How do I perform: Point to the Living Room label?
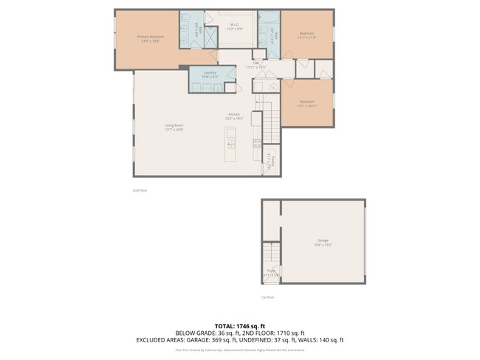[x=174, y=128]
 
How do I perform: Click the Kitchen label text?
[x=234, y=117]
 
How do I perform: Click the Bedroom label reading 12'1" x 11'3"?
[x=307, y=35]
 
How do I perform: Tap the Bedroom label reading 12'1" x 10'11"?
[x=306, y=103]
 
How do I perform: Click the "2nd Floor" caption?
[x=140, y=190]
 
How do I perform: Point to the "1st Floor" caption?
[x=267, y=297]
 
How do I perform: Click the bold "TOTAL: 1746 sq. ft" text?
[x=239, y=325]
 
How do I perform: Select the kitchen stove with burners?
[x=258, y=143]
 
